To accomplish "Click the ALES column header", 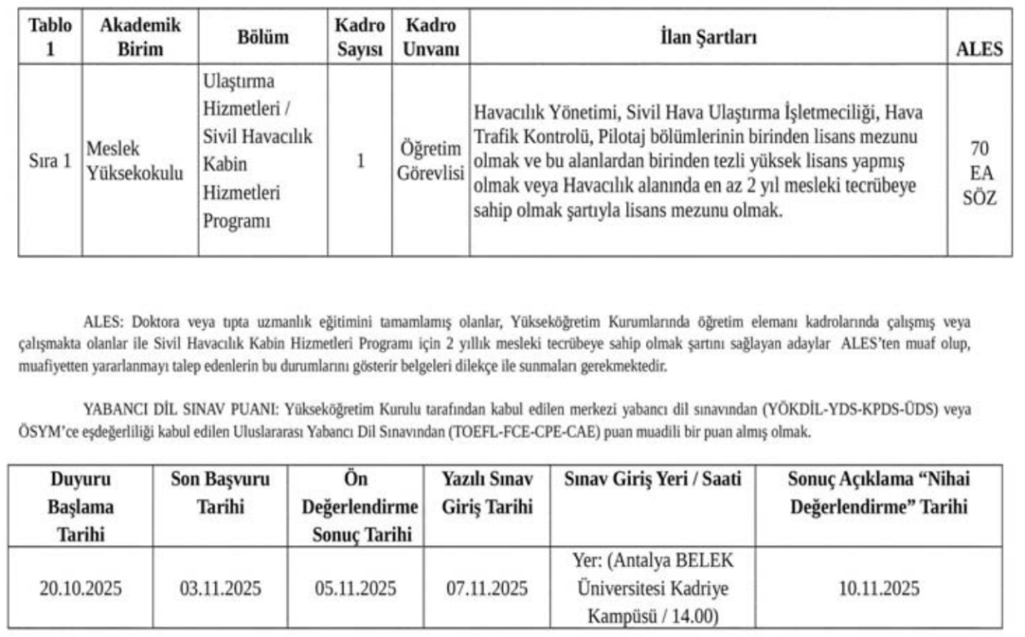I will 978,50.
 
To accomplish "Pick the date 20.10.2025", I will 81,588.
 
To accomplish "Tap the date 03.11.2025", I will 220,588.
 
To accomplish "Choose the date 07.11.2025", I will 486,588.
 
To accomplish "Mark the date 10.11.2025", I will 878,588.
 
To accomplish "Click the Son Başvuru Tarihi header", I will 220,493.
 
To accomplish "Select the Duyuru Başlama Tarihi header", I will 81,507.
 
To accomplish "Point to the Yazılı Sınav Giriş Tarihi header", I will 486,493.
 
